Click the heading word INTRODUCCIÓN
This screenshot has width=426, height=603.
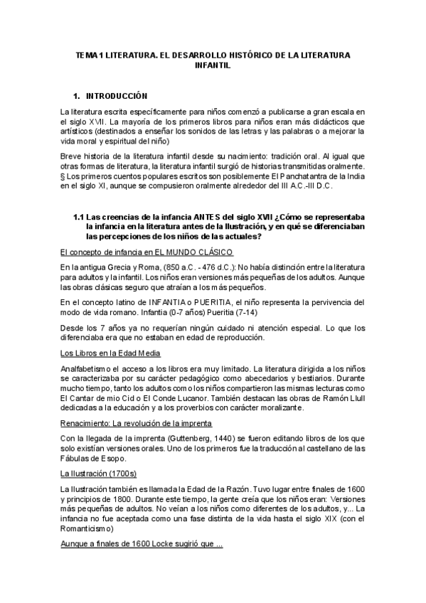tap(116, 95)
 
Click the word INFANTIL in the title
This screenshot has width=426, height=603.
tap(213, 64)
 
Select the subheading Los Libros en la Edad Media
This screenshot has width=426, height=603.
tap(110, 353)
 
